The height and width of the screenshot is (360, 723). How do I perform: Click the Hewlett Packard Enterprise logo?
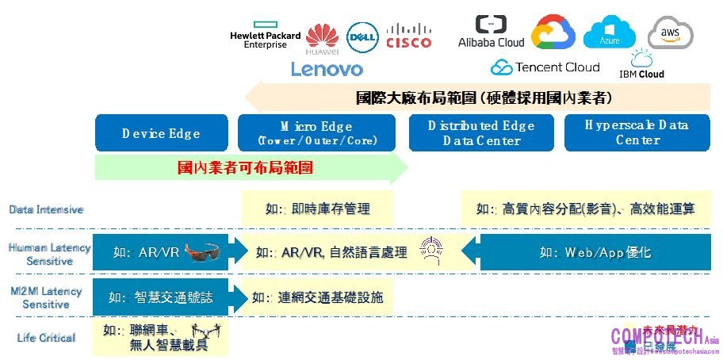(265, 40)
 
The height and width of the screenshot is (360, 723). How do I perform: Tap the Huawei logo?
(322, 40)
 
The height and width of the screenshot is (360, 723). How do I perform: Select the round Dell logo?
(362, 37)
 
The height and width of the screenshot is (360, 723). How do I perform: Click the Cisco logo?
(409, 36)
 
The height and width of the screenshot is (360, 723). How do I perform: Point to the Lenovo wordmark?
(327, 69)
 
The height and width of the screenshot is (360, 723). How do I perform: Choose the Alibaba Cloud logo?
(492, 33)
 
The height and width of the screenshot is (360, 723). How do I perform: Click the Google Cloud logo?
(553, 33)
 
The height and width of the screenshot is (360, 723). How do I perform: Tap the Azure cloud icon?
(610, 32)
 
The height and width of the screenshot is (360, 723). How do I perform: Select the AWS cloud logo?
(670, 33)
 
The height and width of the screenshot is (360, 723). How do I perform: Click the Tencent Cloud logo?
(545, 67)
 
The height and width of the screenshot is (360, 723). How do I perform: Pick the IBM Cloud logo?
(641, 64)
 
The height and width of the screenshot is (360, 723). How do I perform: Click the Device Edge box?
(161, 133)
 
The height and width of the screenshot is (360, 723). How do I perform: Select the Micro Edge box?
(316, 133)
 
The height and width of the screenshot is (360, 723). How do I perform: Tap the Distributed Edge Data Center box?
(481, 133)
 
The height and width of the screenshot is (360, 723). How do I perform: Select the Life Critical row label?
(47, 339)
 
